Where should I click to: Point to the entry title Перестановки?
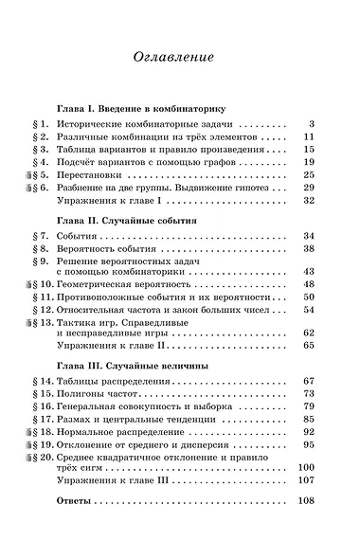(94, 175)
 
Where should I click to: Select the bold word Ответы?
(77, 499)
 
